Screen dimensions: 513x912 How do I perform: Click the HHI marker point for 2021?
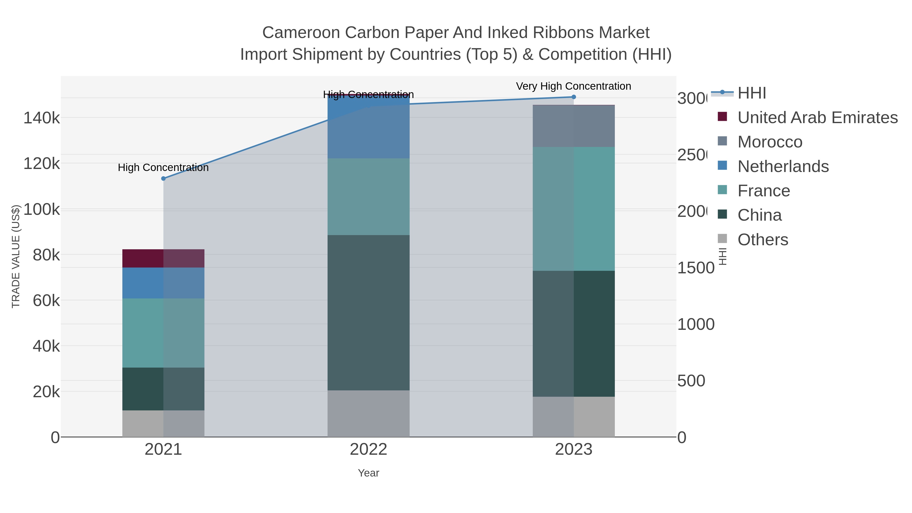163,178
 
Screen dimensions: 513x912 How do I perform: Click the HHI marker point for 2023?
574,97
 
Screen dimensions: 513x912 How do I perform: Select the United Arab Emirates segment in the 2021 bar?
163,258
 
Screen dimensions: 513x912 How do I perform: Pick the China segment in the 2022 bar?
368,312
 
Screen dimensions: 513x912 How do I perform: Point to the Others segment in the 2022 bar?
368,413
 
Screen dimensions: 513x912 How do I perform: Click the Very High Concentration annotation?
573,86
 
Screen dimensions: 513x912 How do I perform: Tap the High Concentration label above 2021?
163,167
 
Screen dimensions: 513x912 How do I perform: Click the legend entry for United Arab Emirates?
817,118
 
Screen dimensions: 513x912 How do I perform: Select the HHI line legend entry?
751,93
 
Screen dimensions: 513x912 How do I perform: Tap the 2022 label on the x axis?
368,449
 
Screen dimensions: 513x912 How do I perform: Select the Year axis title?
368,473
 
